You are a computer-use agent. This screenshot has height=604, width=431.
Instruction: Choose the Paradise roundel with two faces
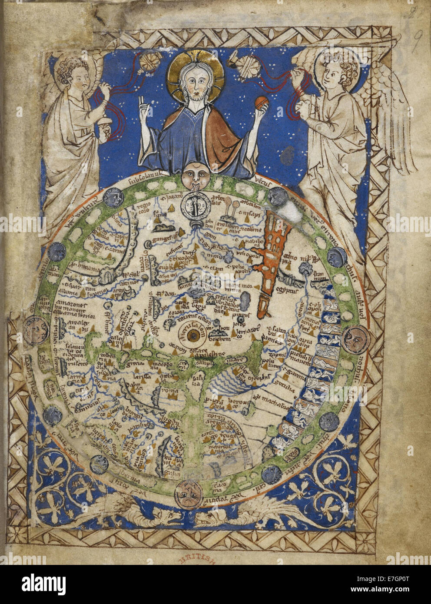coord(193,206)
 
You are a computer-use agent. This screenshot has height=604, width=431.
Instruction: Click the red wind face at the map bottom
coord(187,494)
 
